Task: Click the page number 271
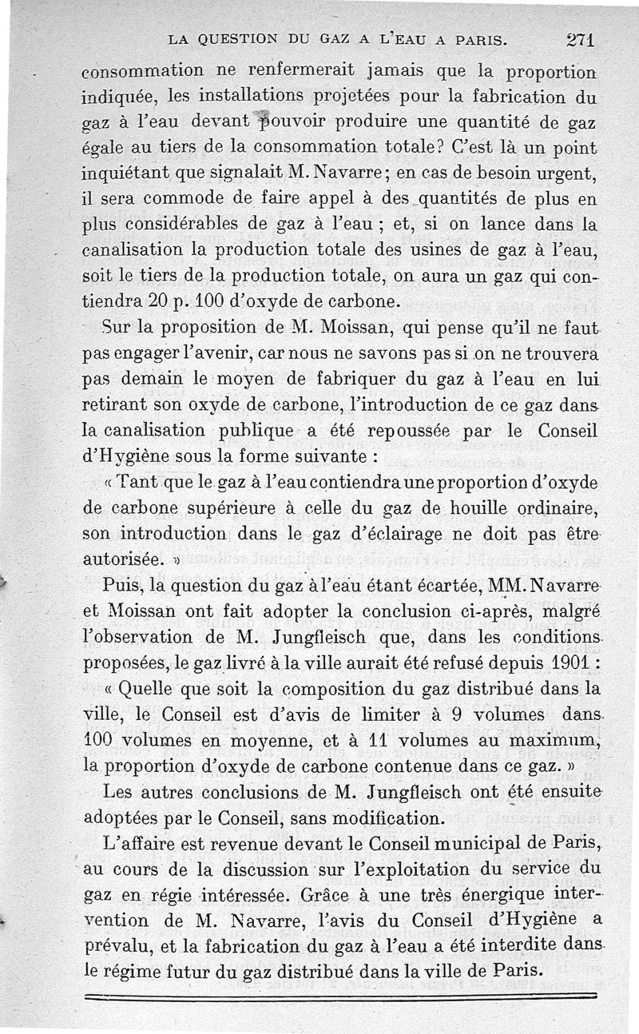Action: point(581,40)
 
